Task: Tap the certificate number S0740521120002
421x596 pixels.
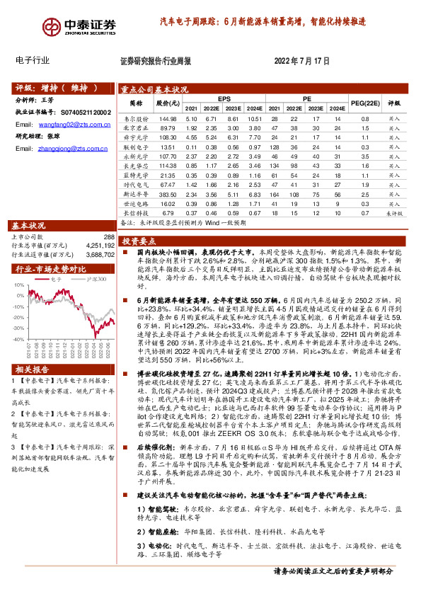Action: click(82, 112)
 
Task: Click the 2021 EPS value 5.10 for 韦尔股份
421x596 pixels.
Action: click(190, 120)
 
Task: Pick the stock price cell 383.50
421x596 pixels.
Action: click(168, 193)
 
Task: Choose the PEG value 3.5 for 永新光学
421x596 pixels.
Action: click(366, 156)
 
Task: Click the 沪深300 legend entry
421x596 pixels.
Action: click(96, 279)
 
